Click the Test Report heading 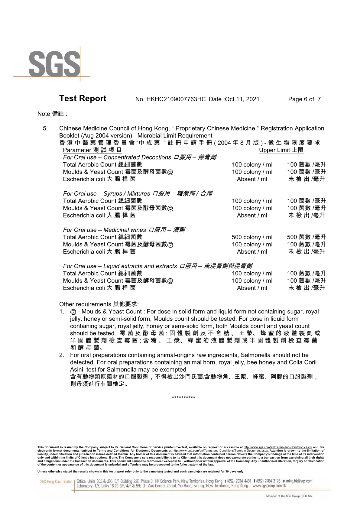(x=83, y=99)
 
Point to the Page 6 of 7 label (x=304, y=99)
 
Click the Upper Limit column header (x=281, y=150)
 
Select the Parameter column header (x=92, y=150)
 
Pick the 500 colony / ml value (x=252, y=237)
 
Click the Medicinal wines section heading (x=124, y=230)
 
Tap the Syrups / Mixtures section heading (x=137, y=194)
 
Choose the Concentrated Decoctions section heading (x=139, y=157)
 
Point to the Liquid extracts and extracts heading (x=157, y=266)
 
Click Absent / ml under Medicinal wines (x=252, y=252)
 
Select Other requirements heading (x=99, y=304)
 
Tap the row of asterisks (x=183, y=397)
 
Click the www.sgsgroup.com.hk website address (x=269, y=486)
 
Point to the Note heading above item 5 (x=52, y=114)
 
